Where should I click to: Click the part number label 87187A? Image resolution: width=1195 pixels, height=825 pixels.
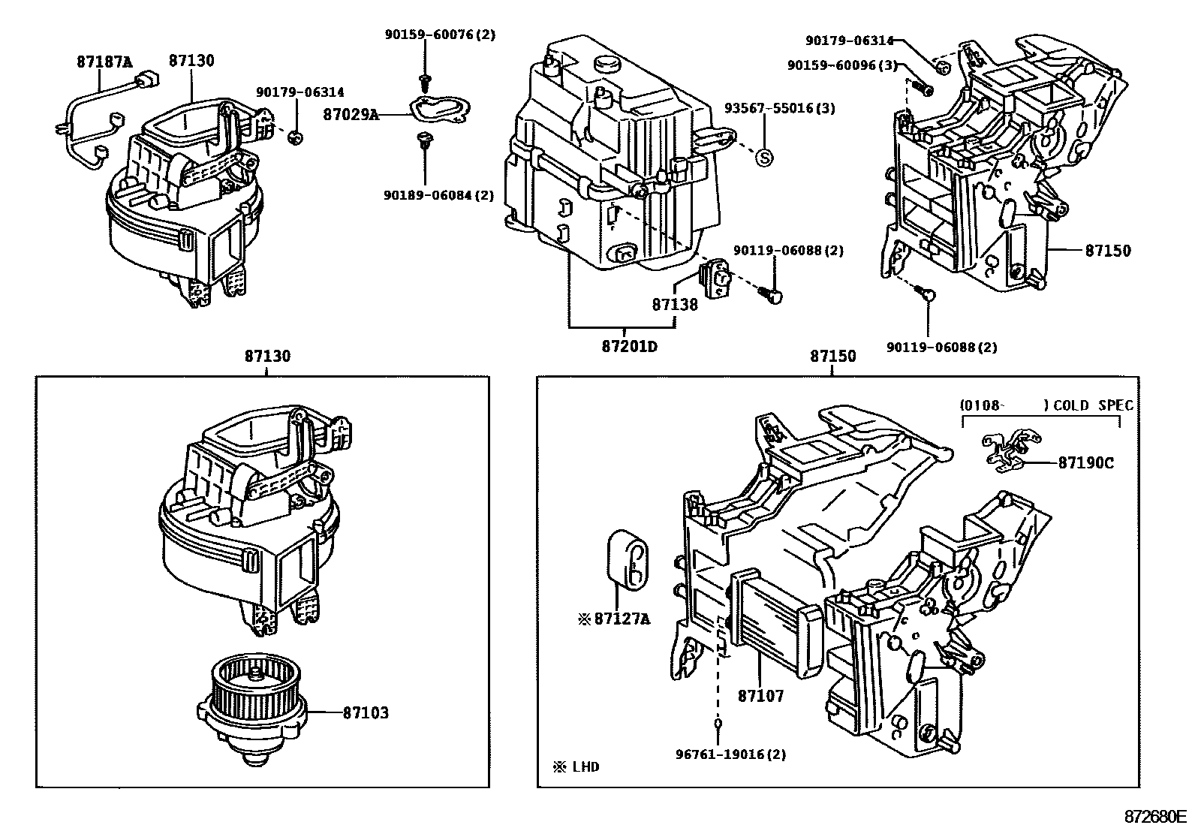coord(104,62)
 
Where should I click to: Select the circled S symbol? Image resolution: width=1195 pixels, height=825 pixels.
coord(763,157)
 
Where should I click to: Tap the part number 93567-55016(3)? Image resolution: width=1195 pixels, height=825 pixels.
coord(779,108)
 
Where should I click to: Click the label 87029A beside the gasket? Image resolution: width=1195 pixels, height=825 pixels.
coord(351,114)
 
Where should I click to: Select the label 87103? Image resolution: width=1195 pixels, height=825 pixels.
coord(366,712)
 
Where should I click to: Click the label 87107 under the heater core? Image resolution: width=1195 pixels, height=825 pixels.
coord(760,695)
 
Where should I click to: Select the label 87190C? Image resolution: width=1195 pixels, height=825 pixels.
coord(1085,462)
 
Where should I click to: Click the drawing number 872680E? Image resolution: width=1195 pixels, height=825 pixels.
coord(1154,816)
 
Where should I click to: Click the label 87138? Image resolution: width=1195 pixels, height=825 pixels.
coord(674,304)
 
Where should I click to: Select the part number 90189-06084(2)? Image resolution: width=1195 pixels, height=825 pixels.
coord(438,195)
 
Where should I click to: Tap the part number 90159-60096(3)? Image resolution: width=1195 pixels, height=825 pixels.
coord(842,65)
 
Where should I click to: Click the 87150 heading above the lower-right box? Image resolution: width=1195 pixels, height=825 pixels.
coord(832,357)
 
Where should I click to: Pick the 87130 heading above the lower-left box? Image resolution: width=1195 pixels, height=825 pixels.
coord(266,357)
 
